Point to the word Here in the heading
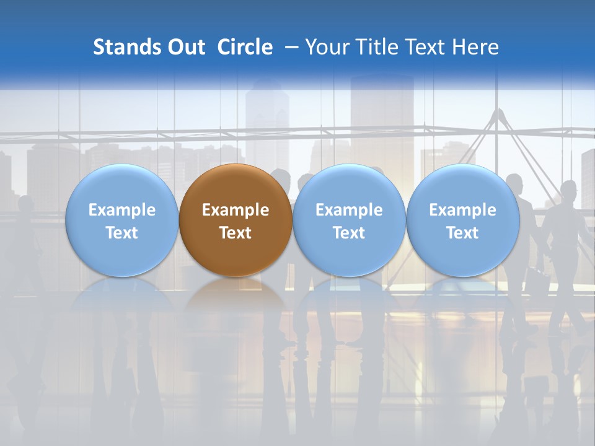(x=475, y=47)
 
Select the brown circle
(x=236, y=221)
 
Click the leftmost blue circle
(x=121, y=221)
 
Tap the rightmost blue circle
(x=462, y=221)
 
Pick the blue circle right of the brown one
(x=349, y=221)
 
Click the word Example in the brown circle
(x=236, y=210)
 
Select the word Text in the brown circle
(x=236, y=233)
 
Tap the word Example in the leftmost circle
(x=121, y=210)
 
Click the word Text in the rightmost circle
(x=462, y=233)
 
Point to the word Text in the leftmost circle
(x=121, y=233)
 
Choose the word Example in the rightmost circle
(x=462, y=210)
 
